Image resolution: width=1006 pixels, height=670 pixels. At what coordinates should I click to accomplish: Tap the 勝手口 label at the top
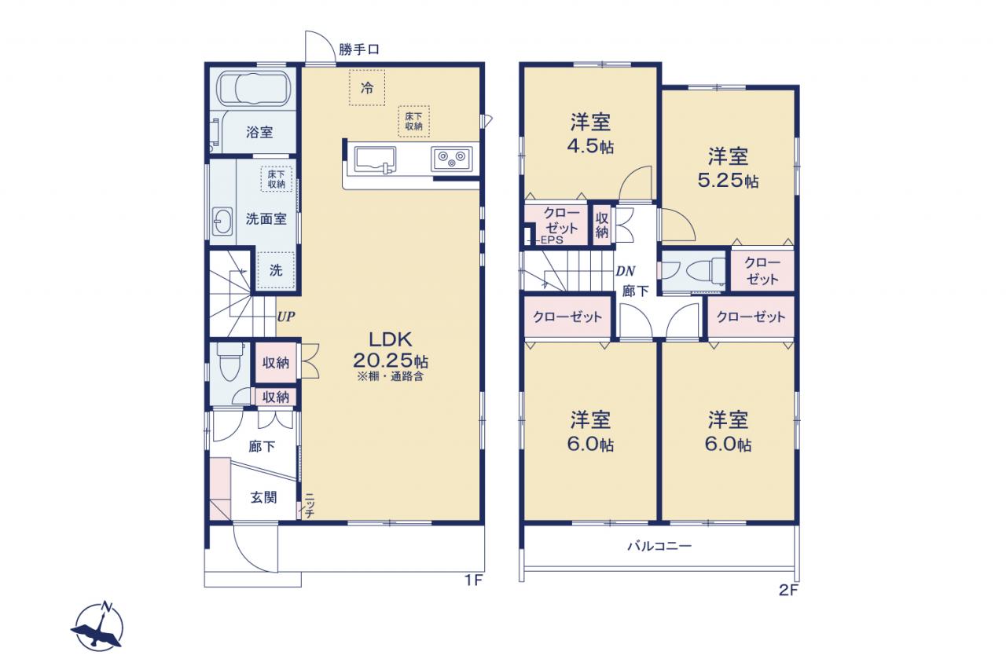pyautogui.click(x=359, y=49)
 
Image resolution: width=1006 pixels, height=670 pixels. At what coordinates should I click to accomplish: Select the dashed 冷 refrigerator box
pyautogui.click(x=367, y=87)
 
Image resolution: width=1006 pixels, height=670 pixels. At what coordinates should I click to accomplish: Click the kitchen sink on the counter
pyautogui.click(x=375, y=159)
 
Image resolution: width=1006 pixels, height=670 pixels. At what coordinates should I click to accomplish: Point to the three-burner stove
pyautogui.click(x=451, y=159)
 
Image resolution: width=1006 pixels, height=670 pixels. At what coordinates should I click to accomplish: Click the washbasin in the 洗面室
pyautogui.click(x=222, y=222)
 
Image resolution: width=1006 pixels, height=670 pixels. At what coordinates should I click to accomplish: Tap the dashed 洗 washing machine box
pyautogui.click(x=276, y=270)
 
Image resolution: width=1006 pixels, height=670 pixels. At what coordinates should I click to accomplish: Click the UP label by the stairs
pyautogui.click(x=285, y=317)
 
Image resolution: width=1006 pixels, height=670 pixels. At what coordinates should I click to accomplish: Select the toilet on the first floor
pyautogui.click(x=230, y=361)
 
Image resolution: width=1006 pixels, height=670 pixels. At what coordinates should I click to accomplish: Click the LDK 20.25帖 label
pyautogui.click(x=391, y=350)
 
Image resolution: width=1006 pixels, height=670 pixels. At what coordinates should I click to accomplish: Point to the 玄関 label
pyautogui.click(x=263, y=497)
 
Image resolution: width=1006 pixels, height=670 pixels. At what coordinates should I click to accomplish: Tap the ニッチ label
pyautogui.click(x=310, y=506)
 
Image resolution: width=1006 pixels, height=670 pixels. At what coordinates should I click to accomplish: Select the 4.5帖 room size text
pyautogui.click(x=590, y=147)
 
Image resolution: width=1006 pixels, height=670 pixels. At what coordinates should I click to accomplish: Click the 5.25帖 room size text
pyautogui.click(x=728, y=181)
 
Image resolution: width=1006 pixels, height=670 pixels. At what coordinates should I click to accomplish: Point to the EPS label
pyautogui.click(x=552, y=240)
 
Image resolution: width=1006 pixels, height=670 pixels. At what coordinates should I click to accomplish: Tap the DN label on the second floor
pyautogui.click(x=625, y=271)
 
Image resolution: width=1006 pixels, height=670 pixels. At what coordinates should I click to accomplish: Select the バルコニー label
pyautogui.click(x=659, y=546)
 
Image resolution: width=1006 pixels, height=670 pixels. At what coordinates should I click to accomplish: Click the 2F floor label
pyautogui.click(x=788, y=590)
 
